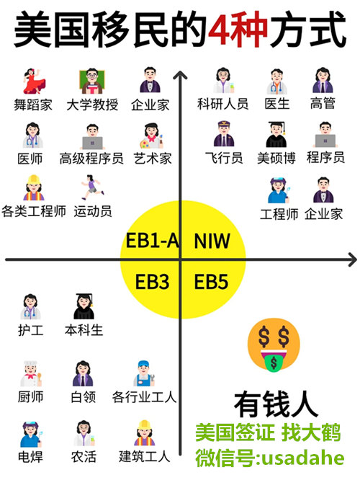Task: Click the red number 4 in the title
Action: (x=223, y=30)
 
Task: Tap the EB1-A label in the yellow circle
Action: (x=153, y=241)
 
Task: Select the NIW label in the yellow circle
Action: (x=212, y=241)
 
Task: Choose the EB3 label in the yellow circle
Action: (x=152, y=282)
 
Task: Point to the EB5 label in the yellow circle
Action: (x=211, y=282)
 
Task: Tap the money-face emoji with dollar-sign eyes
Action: (x=274, y=345)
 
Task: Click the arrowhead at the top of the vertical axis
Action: (x=180, y=76)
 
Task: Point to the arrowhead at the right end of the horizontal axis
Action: (x=353, y=260)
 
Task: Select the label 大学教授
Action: (x=92, y=105)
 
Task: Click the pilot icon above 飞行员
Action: (x=224, y=134)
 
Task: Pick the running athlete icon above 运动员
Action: (x=92, y=187)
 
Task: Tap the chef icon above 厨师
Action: (x=30, y=373)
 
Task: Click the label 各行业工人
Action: (x=144, y=397)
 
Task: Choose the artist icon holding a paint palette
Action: (x=151, y=135)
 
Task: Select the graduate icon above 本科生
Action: (x=84, y=306)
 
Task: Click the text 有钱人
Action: (x=276, y=405)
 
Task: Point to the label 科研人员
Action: (x=222, y=104)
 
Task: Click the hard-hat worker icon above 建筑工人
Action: (x=145, y=433)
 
